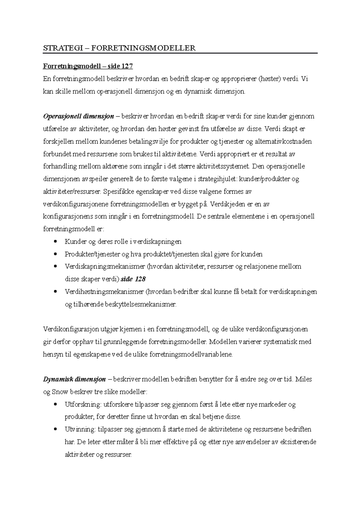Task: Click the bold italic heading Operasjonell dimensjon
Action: pos(78,116)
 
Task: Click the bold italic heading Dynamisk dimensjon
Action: pos(74,380)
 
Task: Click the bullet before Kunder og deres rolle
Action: pos(55,242)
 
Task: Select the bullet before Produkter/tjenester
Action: pos(55,254)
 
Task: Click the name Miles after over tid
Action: pos(304,380)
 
